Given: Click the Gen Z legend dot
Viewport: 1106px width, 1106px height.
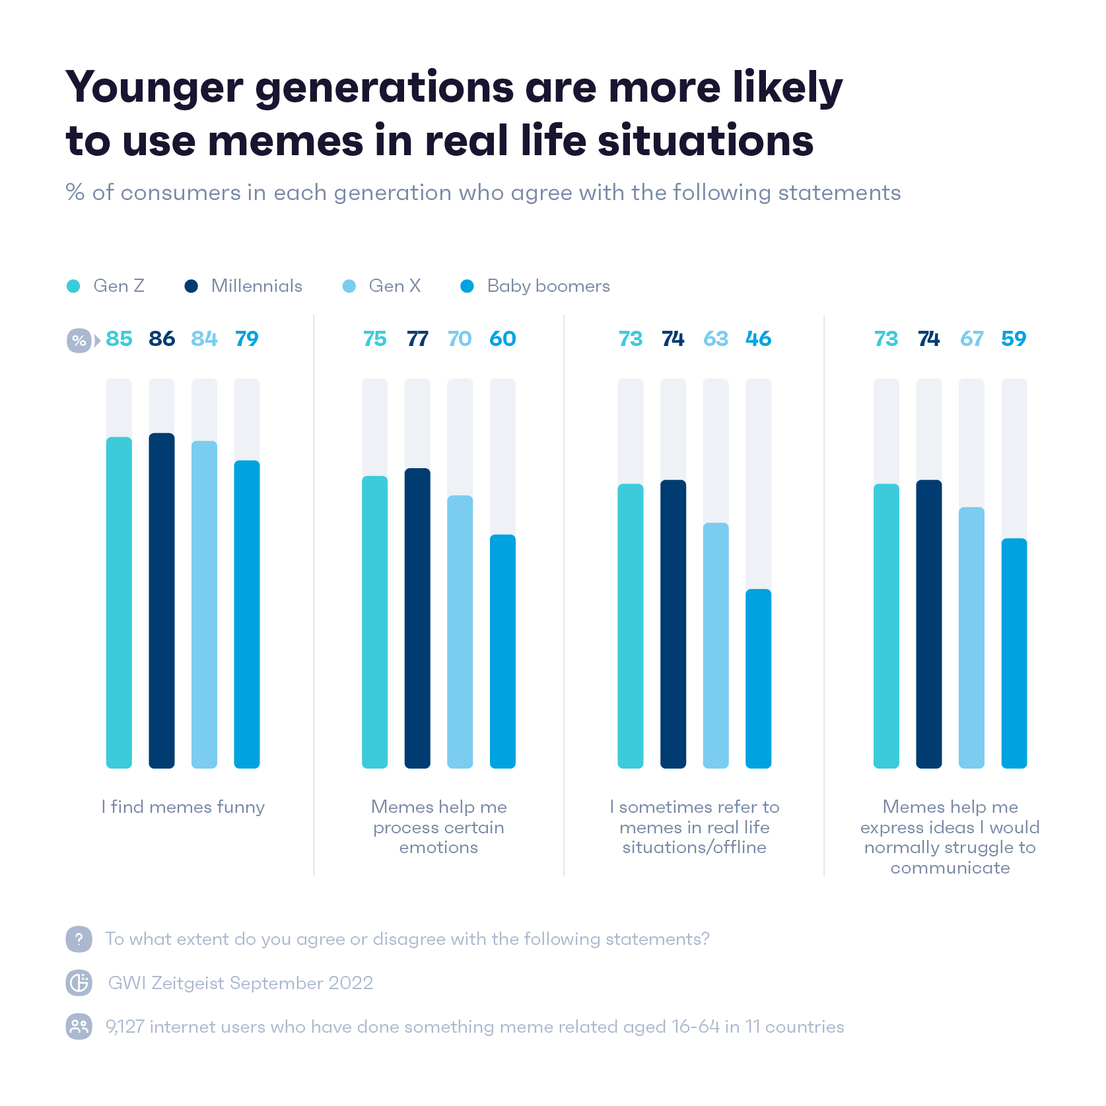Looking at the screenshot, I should (73, 286).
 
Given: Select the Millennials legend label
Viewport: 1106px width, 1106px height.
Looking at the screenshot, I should (256, 286).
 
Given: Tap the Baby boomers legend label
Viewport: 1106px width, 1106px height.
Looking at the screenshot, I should (548, 286).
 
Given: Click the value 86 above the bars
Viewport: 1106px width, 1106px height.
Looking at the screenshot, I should (162, 339).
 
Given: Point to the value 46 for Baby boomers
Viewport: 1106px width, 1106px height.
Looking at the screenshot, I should (758, 339).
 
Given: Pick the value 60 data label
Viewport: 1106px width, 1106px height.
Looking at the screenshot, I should (502, 339).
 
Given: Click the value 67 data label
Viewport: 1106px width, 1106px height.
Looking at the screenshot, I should (971, 339).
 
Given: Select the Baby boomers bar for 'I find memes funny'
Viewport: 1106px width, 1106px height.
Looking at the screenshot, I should (247, 614).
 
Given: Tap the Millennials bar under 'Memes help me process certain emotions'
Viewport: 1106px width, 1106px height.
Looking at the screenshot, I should (417, 617).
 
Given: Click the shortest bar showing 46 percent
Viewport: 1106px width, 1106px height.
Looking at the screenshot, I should (758, 678).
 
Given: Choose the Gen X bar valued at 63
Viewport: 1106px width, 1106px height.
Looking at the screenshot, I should (716, 645).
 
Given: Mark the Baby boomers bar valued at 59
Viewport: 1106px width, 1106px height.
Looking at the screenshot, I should (1014, 653).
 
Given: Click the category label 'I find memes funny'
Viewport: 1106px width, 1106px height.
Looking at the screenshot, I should (183, 807).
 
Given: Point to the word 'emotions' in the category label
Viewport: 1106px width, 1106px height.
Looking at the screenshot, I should (438, 847).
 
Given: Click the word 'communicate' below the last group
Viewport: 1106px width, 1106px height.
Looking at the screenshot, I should (950, 868).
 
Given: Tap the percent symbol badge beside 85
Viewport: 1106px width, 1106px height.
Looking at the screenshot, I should (79, 341).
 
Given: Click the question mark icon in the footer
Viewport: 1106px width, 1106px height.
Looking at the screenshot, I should (79, 939).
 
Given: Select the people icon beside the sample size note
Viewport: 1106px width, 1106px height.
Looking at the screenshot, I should (79, 1027).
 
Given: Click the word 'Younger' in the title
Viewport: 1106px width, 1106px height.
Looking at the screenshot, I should (155, 88).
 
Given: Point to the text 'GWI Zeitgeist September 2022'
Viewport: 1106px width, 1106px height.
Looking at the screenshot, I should (240, 983).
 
